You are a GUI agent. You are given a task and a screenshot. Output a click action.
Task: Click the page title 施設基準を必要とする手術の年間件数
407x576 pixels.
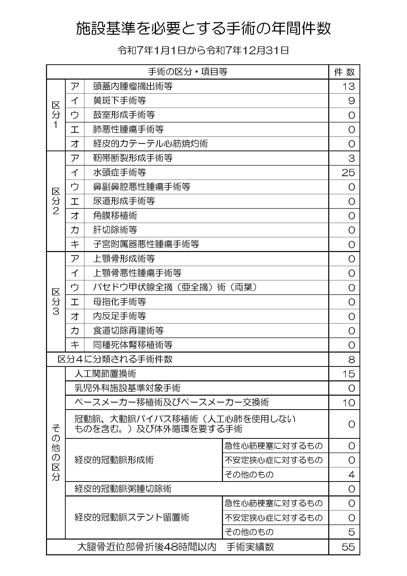tap(203, 28)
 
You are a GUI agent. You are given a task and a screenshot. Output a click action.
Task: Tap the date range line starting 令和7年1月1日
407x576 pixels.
tap(203, 51)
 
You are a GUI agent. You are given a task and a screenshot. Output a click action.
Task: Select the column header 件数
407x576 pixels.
tap(344, 72)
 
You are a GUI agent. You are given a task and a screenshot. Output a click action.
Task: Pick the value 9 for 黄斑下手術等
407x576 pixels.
tap(351, 101)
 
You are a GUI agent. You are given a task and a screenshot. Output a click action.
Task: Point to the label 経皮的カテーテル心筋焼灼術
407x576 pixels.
tap(150, 144)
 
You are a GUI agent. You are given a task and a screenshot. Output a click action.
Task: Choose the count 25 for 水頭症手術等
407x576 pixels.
tap(348, 173)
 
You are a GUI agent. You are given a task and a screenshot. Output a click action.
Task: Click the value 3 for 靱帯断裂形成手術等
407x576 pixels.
tap(351, 158)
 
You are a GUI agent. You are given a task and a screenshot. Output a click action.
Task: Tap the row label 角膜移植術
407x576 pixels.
tap(115, 216)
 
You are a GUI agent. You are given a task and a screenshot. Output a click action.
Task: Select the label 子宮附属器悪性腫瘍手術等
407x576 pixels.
tap(146, 244)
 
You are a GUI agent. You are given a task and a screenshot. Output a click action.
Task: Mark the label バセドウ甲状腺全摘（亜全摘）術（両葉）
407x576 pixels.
tap(175, 287)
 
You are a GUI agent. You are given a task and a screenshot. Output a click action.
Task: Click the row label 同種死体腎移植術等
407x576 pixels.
tap(133, 345)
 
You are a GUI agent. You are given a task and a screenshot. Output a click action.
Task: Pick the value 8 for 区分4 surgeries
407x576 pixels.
tap(351, 360)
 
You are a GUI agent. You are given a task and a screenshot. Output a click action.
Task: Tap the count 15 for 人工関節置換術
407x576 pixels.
tap(348, 374)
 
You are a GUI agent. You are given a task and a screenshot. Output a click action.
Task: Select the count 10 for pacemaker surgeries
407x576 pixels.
tap(348, 403)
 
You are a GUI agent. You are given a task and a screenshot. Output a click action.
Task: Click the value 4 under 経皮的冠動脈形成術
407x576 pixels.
tap(351, 475)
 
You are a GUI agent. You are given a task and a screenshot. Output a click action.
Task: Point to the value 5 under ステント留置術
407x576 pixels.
tap(351, 532)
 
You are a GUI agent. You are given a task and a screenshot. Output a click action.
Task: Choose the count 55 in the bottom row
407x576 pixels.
tap(348, 547)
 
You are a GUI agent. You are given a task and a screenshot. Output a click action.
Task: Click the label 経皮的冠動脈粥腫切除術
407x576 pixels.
tap(123, 489)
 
